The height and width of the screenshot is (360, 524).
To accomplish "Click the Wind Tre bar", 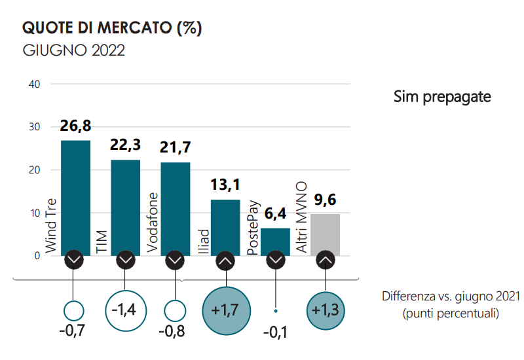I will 75,196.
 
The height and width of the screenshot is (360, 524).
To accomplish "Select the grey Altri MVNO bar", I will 325,234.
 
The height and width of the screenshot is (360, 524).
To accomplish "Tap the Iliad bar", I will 225,226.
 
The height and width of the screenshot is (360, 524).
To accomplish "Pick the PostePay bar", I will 275,241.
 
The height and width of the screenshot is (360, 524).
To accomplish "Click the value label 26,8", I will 75,126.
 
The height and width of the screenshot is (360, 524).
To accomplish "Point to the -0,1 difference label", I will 276,333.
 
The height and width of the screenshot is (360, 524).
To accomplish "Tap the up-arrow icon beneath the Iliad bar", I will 225,260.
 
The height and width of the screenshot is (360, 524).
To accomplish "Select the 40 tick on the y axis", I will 35,84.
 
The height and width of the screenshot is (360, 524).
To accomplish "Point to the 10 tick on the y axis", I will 35,213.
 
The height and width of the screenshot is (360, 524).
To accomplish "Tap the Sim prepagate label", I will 442,97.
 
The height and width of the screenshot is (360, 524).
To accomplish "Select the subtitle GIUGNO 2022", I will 73,50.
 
